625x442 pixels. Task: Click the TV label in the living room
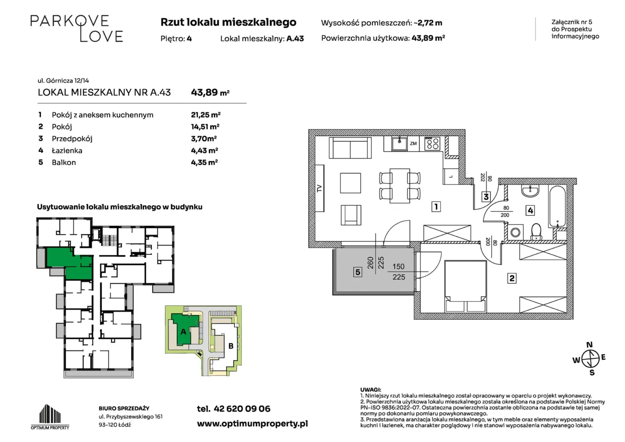[320, 188]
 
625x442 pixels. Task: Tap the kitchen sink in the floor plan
[399, 144]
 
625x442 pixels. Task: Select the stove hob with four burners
[433, 144]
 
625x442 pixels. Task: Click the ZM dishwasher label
[413, 143]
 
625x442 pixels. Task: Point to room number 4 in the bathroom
[530, 210]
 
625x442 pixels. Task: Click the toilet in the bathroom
[536, 232]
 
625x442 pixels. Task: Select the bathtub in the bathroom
[557, 207]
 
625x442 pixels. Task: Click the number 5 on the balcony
[358, 272]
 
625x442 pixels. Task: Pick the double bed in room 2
[465, 286]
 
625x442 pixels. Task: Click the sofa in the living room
[350, 148]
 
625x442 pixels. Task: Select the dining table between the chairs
[399, 185]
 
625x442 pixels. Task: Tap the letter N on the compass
[589, 345]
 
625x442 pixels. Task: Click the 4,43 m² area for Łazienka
[205, 151]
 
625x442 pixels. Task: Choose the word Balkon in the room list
[63, 162]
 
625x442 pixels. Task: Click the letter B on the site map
[231, 346]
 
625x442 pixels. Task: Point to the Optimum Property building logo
[50, 417]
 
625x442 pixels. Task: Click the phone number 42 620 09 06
[242, 409]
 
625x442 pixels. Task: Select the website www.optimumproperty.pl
[252, 424]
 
